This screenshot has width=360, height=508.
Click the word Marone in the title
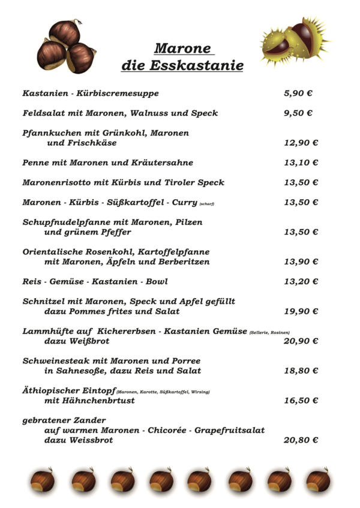[x=183, y=49]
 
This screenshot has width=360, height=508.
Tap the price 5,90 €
[x=298, y=94]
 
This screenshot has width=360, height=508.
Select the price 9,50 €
[x=298, y=113]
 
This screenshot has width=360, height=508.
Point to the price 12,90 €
[x=301, y=143]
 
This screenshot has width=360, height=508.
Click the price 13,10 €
[x=301, y=163]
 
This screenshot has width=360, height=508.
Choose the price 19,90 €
[x=301, y=311]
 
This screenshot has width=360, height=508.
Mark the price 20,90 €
[x=301, y=341]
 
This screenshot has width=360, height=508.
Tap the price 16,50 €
[x=301, y=401]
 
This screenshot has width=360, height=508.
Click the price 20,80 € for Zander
[x=301, y=440]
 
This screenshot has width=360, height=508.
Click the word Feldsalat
[x=42, y=113]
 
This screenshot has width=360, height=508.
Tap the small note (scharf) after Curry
[x=206, y=204]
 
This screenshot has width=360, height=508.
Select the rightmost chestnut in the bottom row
[x=317, y=480]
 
